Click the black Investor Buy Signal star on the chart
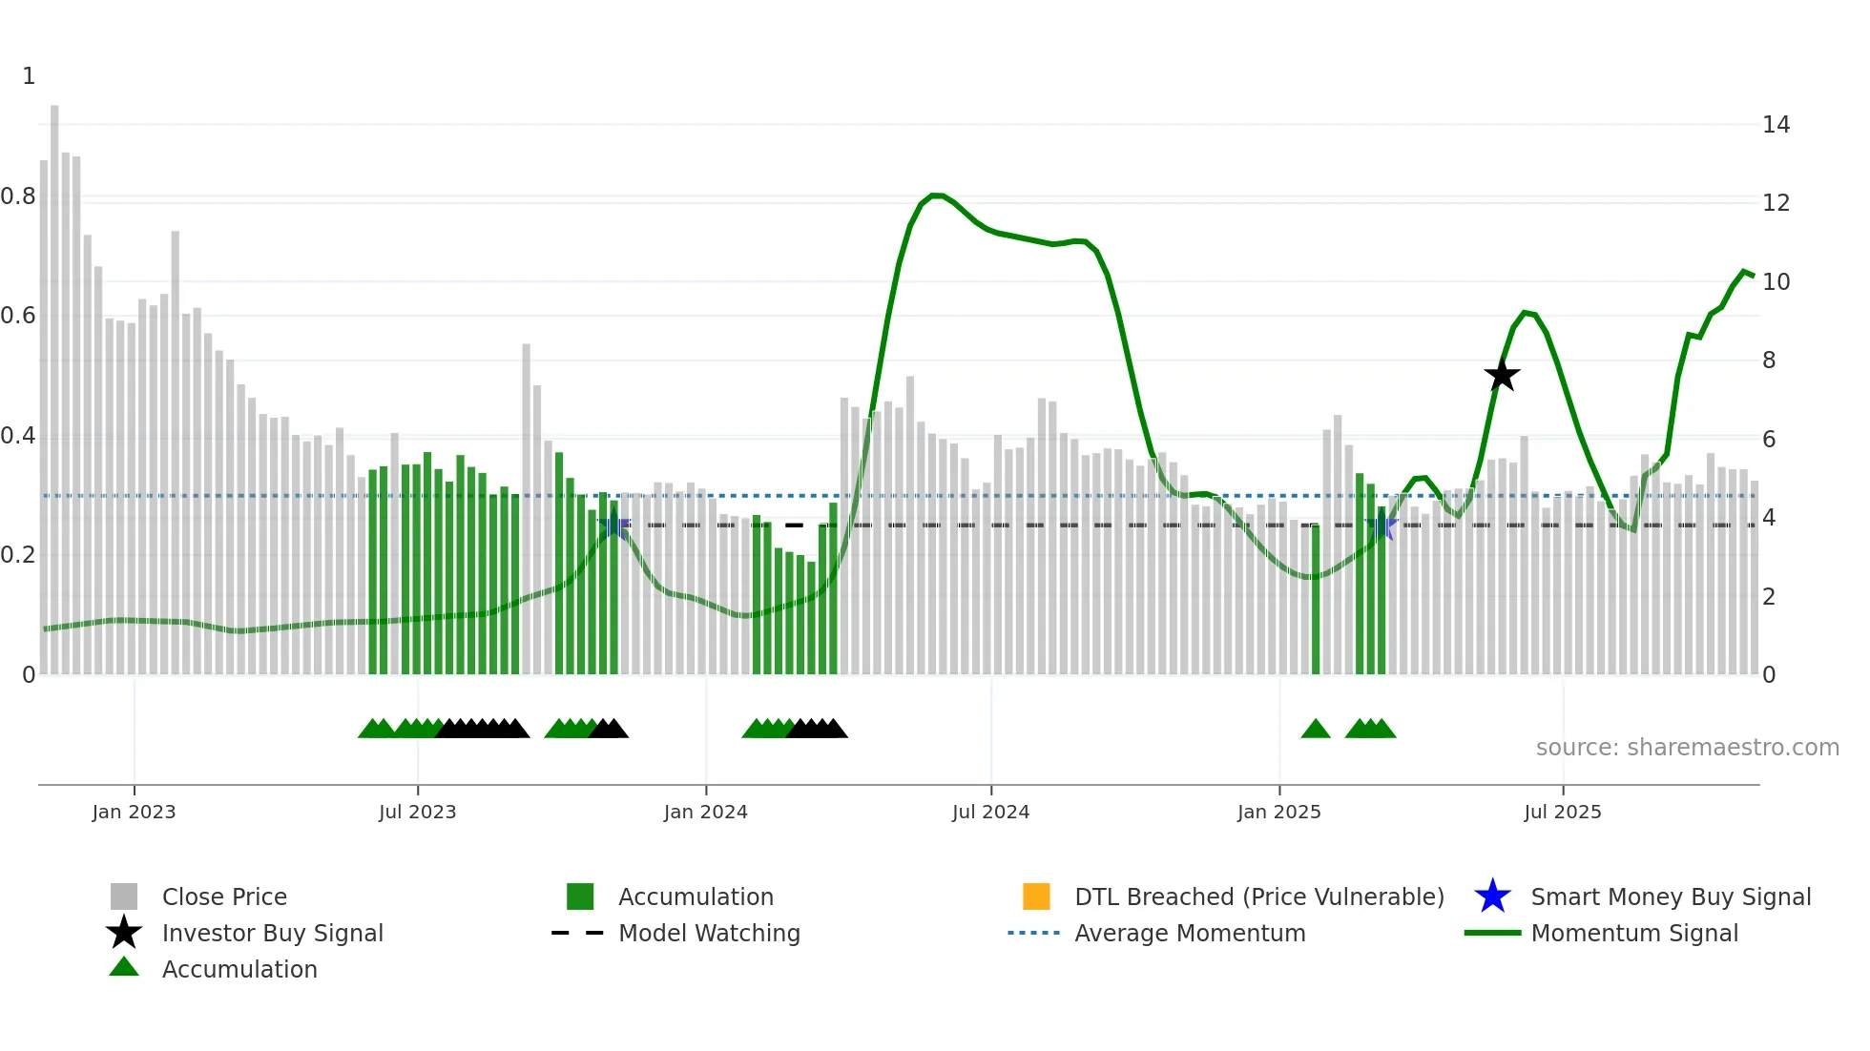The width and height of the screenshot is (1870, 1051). pyautogui.click(x=1502, y=376)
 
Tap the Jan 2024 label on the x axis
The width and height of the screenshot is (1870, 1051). pyautogui.click(x=705, y=813)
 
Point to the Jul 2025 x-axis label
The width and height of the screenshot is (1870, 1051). pyautogui.click(x=1562, y=813)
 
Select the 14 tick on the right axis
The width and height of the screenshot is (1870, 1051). pyautogui.click(x=1776, y=125)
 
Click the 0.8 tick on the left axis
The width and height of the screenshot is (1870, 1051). pyautogui.click(x=18, y=196)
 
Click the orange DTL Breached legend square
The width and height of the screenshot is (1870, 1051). pyautogui.click(x=1036, y=896)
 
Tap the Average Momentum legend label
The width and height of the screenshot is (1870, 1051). pyautogui.click(x=1189, y=934)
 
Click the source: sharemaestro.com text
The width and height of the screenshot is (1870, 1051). pyautogui.click(x=1687, y=748)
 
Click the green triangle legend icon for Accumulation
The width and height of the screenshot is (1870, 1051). pyautogui.click(x=124, y=968)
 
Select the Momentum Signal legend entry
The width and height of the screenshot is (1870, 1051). pyautogui.click(x=1633, y=934)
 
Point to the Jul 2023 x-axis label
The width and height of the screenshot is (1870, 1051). pyautogui.click(x=417, y=813)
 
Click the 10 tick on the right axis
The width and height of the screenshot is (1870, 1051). pyautogui.click(x=1776, y=282)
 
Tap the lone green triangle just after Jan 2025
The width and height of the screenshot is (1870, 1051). pyautogui.click(x=1316, y=730)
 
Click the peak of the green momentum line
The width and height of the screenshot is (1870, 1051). pyautogui.click(x=936, y=195)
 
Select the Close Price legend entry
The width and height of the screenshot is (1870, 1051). pyautogui.click(x=223, y=897)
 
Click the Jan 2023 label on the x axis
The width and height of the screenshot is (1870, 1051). pyautogui.click(x=134, y=813)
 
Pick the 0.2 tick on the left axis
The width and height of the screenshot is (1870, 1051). pyautogui.click(x=18, y=555)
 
